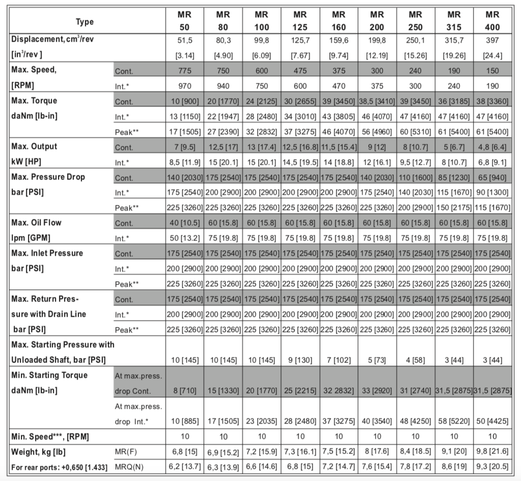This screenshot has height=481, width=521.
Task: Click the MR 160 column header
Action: coord(339,21)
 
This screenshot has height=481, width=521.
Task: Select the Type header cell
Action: coord(85,21)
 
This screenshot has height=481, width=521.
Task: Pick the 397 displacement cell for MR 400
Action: coord(493,40)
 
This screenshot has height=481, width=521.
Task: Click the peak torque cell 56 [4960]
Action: coord(377,132)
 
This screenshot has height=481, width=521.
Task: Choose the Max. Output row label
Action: coord(34,146)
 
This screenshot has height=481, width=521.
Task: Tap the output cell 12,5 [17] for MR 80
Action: coord(223,147)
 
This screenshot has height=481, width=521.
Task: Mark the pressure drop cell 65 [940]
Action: coord(493,178)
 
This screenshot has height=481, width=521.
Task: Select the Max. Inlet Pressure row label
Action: coord(47,253)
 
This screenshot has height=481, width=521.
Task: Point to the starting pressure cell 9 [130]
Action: coord(300,360)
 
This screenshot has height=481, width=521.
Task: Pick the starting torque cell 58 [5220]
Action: coord(454,422)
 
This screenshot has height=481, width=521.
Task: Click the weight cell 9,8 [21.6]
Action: coord(493,452)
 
